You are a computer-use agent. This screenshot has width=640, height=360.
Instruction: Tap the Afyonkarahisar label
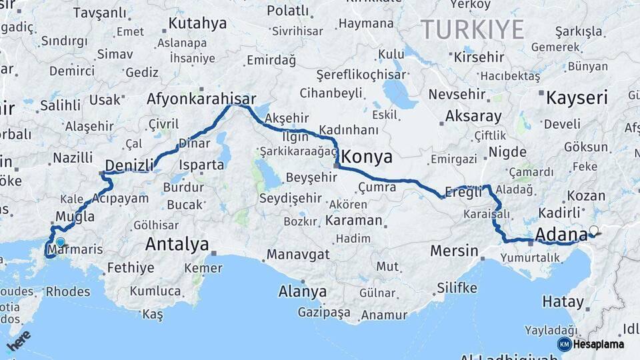(x=201, y=99)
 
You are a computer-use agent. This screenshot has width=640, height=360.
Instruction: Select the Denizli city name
(x=130, y=165)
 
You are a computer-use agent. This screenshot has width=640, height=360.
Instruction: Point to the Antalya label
(x=177, y=244)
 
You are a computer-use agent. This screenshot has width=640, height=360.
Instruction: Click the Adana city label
(x=561, y=234)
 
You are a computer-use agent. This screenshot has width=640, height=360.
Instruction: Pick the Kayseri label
(x=577, y=98)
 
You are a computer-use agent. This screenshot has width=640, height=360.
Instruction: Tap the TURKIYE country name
(x=472, y=29)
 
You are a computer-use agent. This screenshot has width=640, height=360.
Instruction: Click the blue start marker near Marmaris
(x=61, y=243)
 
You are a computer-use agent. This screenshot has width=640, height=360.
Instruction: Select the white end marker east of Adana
(x=594, y=231)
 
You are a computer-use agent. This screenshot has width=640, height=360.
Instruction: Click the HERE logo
(x=19, y=340)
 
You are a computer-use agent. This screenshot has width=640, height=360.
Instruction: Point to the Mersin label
(x=454, y=251)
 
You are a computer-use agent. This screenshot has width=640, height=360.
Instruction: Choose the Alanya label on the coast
(x=303, y=291)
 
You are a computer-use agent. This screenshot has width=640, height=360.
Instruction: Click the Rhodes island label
(x=68, y=291)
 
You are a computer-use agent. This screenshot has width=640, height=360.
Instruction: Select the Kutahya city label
(x=197, y=24)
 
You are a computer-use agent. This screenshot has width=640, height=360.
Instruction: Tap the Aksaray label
(x=473, y=116)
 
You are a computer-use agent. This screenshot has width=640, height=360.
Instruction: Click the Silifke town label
(x=457, y=288)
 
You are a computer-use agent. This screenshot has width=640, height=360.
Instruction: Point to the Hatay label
(x=562, y=301)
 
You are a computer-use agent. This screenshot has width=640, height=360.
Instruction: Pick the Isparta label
(x=201, y=164)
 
